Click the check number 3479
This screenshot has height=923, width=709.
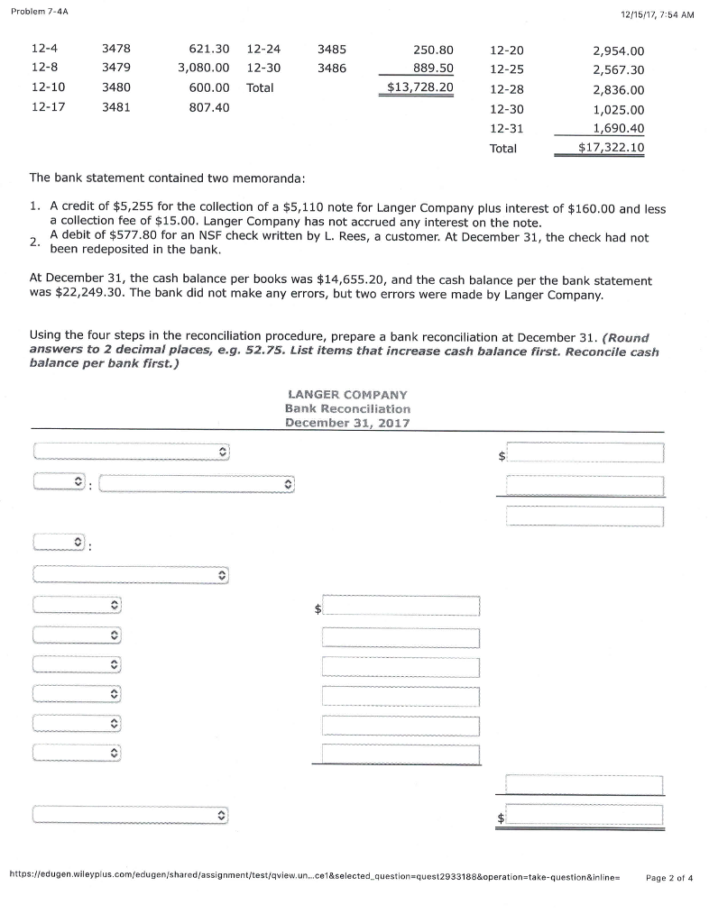pos(115,69)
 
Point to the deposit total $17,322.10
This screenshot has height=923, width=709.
pos(611,149)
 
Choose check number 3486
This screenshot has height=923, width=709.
pos(331,69)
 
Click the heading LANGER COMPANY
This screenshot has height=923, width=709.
pos(347,395)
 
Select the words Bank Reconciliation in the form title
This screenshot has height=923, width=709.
pos(347,408)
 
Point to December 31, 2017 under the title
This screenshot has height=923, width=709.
pos(347,423)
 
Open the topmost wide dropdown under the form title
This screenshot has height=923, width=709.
pos(132,451)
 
